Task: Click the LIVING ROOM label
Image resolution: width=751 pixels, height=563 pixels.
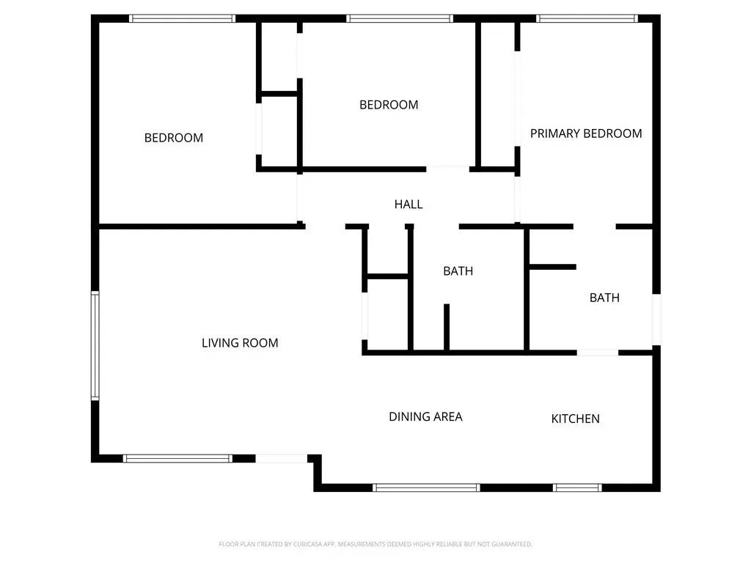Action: click(240, 342)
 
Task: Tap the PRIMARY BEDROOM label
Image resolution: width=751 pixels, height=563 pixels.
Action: click(586, 133)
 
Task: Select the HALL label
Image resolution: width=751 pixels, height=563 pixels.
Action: click(409, 205)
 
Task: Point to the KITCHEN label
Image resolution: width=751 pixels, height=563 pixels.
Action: click(576, 419)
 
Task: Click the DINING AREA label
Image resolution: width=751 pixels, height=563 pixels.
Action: click(425, 416)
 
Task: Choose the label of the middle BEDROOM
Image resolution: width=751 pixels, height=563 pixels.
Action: click(389, 105)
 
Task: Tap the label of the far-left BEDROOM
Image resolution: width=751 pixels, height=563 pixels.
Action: click(174, 138)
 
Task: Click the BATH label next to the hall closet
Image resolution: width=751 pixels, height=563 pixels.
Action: click(458, 271)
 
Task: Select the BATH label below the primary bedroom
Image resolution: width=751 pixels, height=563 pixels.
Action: click(604, 298)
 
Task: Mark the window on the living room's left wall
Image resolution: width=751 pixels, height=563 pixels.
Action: click(95, 345)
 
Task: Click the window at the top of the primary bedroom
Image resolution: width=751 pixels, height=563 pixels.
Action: click(587, 18)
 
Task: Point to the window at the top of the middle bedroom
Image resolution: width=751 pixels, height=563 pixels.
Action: click(400, 18)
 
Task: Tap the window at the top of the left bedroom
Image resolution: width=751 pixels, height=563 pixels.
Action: click(183, 18)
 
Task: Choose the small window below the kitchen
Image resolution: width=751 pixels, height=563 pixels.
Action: click(577, 487)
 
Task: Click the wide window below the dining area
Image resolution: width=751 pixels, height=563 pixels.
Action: click(426, 487)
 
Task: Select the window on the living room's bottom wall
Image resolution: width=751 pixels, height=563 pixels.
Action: click(177, 458)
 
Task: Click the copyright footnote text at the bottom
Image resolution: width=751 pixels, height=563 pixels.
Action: click(375, 544)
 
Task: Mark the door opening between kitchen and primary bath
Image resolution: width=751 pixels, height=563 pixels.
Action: click(598, 353)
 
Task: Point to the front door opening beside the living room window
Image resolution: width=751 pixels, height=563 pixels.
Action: click(281, 458)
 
